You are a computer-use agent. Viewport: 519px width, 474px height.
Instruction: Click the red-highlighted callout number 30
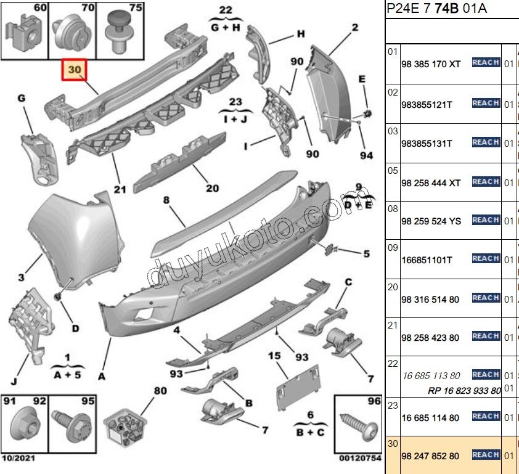pos(74,70)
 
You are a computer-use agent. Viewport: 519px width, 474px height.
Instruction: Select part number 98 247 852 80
pos(430,456)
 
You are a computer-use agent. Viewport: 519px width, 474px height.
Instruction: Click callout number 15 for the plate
pos(274,356)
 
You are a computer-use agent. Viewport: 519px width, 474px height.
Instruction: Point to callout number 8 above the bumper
pos(166,200)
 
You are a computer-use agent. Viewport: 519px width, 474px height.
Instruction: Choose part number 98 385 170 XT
pos(430,63)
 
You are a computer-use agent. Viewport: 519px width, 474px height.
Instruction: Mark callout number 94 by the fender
pos(366,155)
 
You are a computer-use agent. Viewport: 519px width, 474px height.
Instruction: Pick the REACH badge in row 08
pos(486,220)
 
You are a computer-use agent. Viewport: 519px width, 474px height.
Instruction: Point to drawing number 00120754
pos(361,457)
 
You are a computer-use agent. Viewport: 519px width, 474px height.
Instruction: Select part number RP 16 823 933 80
pos(464,390)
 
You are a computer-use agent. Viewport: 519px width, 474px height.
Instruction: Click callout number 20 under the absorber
pos(212,189)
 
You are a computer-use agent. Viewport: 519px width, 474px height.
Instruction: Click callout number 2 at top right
pos(355,27)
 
